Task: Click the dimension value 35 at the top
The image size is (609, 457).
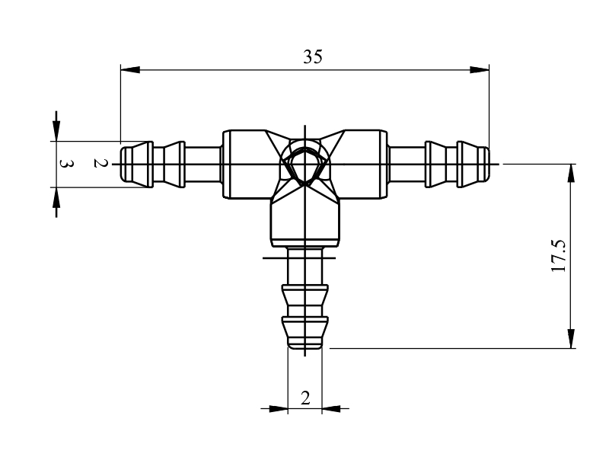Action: (313, 56)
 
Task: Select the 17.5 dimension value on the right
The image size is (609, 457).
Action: (560, 256)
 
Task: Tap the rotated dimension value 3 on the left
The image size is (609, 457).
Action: (66, 164)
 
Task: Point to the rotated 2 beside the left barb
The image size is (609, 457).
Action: (100, 163)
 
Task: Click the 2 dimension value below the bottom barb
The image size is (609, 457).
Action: (305, 398)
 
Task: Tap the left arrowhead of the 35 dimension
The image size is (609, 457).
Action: (130, 70)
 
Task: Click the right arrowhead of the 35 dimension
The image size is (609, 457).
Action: (480, 70)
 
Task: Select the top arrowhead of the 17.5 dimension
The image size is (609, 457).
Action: (571, 174)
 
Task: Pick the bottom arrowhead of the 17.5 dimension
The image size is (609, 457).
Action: (571, 339)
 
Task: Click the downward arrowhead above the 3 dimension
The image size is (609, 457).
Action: (56, 131)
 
